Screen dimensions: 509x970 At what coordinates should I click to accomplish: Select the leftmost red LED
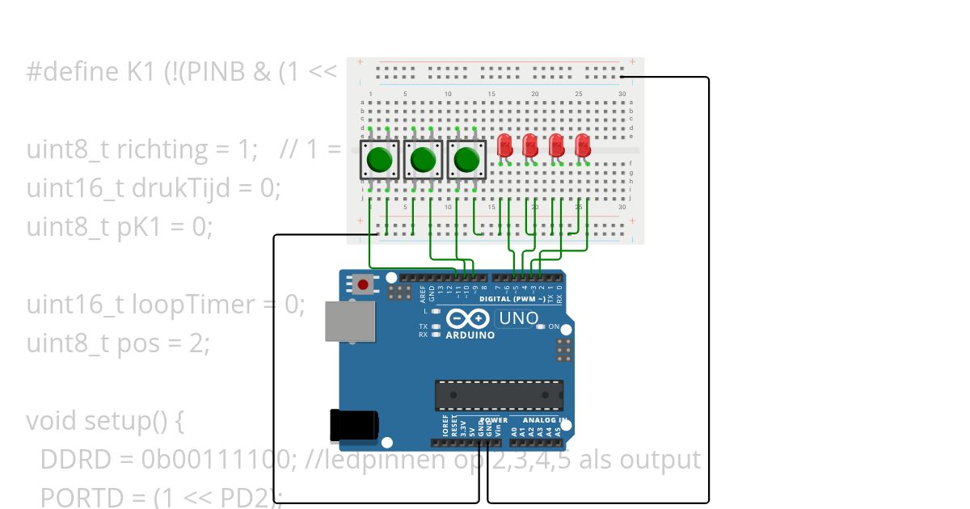(504, 146)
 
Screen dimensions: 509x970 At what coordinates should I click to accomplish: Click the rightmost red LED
(583, 146)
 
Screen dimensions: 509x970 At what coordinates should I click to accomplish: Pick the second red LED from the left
(530, 146)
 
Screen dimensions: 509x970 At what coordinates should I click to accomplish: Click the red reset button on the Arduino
(364, 284)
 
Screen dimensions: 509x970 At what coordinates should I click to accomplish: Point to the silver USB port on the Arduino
(348, 321)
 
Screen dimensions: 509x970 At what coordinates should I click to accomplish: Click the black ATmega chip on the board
(499, 394)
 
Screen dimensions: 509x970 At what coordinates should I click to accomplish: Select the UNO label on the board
(518, 318)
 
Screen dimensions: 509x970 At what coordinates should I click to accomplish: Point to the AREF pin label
(422, 292)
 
